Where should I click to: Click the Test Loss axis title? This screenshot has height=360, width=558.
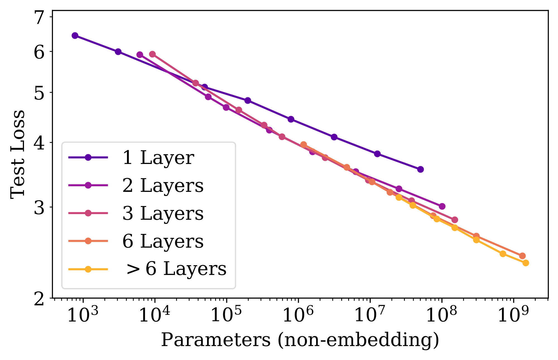[x=17, y=154]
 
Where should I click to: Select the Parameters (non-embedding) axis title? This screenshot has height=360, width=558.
[x=300, y=340]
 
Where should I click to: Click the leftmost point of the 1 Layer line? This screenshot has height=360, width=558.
[x=75, y=35]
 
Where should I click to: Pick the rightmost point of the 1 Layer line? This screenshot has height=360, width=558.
[x=420, y=169]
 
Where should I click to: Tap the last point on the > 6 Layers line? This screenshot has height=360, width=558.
[x=526, y=263]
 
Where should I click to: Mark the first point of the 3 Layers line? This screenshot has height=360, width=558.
[x=152, y=54]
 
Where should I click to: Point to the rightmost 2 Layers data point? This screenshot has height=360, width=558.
[x=442, y=206]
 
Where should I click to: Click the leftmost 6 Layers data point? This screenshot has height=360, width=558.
[x=304, y=144]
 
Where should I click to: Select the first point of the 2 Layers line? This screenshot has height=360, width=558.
[x=140, y=55]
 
